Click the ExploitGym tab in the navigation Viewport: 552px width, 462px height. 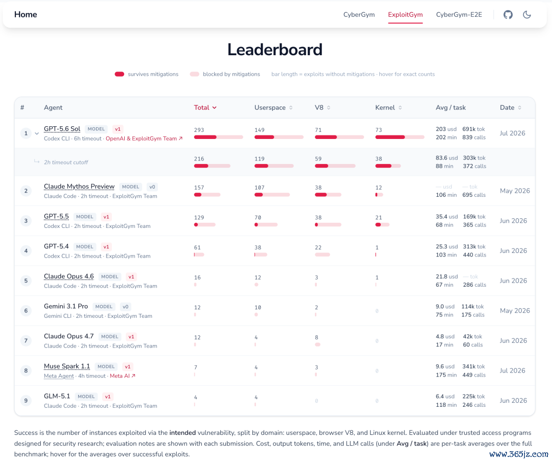pyautogui.click(x=405, y=14)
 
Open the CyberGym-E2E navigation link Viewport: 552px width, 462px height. pyautogui.click(x=458, y=14)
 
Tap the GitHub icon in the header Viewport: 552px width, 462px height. pyautogui.click(x=508, y=14)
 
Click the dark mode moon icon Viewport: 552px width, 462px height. pyautogui.click(x=526, y=14)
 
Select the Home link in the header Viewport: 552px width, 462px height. pyautogui.click(x=26, y=14)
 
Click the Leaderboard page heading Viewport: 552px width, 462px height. pyautogui.click(x=274, y=50)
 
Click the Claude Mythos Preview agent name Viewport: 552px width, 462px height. pyautogui.click(x=79, y=187)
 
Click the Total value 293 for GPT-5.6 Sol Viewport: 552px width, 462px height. pyautogui.click(x=199, y=130)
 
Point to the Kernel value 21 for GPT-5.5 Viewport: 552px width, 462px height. pyautogui.click(x=378, y=218)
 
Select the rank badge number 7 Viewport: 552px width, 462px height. pyautogui.click(x=26, y=340)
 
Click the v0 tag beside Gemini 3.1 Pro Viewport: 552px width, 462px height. pyautogui.click(x=125, y=307)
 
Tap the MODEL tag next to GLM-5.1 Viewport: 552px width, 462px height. pyautogui.click(x=86, y=397)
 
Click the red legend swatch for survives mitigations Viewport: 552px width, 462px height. pyautogui.click(x=119, y=74)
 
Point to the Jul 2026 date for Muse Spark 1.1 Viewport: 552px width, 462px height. pyautogui.click(x=512, y=371)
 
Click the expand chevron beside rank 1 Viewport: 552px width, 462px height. pyautogui.click(x=37, y=133)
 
